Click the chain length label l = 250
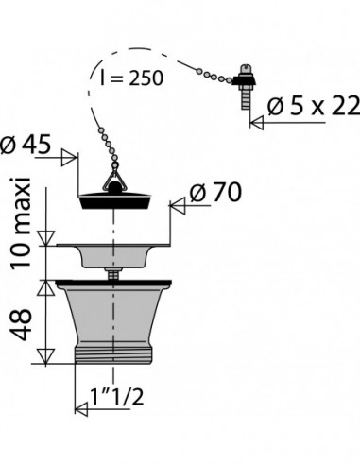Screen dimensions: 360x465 [x=131, y=77]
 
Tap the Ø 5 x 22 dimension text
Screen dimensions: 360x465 [x=313, y=106]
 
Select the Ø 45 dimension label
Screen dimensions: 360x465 [x=26, y=145]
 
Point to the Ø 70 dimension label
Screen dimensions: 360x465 [x=215, y=192]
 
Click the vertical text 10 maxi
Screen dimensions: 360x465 [x=22, y=223]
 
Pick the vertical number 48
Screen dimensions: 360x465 [x=22, y=324]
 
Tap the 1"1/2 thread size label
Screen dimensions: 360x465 [x=117, y=396]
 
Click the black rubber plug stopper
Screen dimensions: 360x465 [x=115, y=201]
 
